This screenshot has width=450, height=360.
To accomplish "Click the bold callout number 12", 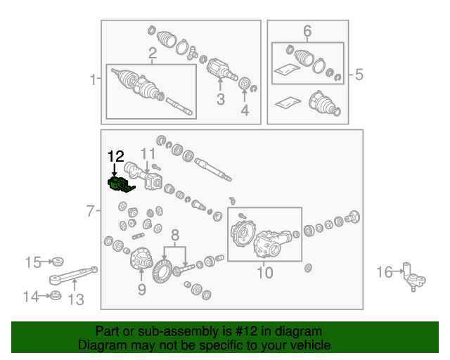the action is click(x=116, y=157).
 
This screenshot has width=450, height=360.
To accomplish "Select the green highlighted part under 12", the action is click(x=120, y=185).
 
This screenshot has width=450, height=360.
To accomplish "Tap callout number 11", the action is click(x=148, y=154).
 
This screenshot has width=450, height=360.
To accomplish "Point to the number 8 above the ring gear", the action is click(x=175, y=235).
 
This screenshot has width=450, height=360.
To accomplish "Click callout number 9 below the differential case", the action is click(x=142, y=290).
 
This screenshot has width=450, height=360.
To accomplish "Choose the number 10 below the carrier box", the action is click(x=264, y=272).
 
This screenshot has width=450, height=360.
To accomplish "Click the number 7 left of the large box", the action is click(x=91, y=211).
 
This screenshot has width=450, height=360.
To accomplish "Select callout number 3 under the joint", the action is click(x=220, y=99).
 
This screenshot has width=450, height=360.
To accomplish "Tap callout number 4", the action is click(x=245, y=110).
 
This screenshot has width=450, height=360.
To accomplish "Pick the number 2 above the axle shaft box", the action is click(x=153, y=53).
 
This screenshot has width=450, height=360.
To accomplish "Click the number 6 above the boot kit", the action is click(x=307, y=31).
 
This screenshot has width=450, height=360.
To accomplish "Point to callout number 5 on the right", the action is click(x=359, y=75).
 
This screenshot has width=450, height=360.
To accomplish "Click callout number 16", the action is click(x=385, y=272).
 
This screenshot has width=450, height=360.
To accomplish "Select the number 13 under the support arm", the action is click(x=76, y=300).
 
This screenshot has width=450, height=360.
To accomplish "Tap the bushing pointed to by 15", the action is click(x=56, y=262).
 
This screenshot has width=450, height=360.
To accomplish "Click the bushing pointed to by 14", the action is click(x=55, y=296).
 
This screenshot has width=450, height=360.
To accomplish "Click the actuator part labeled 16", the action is click(x=414, y=277).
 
